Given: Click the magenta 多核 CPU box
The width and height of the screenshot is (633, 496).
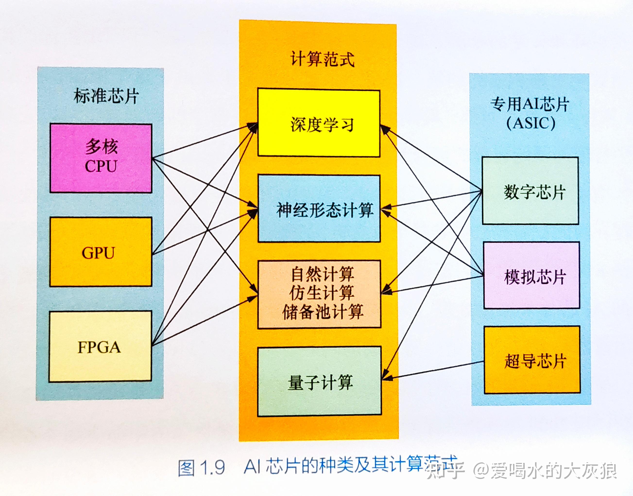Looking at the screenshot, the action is click(101, 158).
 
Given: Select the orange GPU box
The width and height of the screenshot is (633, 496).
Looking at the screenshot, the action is click(101, 252).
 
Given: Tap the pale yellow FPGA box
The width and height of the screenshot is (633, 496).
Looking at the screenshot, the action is click(100, 347).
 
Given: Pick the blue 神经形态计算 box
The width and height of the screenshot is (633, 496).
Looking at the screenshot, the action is click(319, 208).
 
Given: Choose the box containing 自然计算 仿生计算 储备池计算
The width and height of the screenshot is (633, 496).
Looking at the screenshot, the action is click(319, 294).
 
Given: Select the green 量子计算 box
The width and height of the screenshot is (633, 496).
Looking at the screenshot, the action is click(319, 381).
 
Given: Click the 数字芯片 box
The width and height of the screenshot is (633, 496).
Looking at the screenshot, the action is click(530, 191).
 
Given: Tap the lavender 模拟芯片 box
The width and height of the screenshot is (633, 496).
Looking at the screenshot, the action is click(531, 275).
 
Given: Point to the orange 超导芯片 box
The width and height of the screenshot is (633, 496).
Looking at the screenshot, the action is click(532, 360).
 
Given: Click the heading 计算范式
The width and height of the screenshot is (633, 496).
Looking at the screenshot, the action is click(322, 59).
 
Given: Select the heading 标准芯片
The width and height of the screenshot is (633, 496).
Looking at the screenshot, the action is click(106, 96).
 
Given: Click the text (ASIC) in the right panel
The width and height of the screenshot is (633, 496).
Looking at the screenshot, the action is click(531, 123).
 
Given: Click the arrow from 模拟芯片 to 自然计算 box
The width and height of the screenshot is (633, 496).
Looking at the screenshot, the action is click(432, 284).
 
